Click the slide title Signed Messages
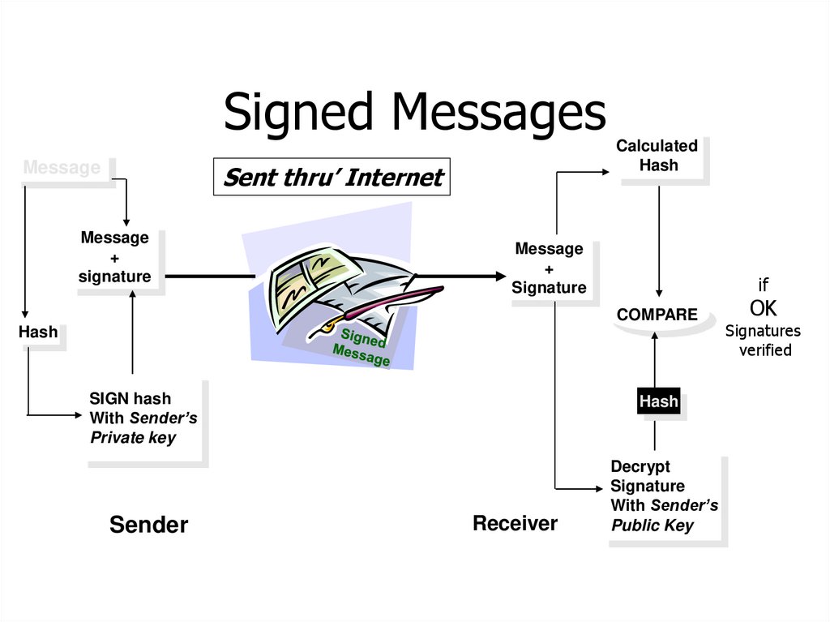[414, 111]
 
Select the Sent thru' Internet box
[332, 177]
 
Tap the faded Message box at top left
[62, 168]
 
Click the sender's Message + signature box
[115, 257]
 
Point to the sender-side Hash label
[39, 332]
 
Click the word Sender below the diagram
[148, 525]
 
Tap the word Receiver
[515, 523]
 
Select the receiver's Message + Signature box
[550, 268]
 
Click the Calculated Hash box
[657, 156]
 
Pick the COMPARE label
[657, 315]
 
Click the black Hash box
[658, 401]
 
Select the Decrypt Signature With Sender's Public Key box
[664, 496]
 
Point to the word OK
[763, 308]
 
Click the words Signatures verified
[763, 341]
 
